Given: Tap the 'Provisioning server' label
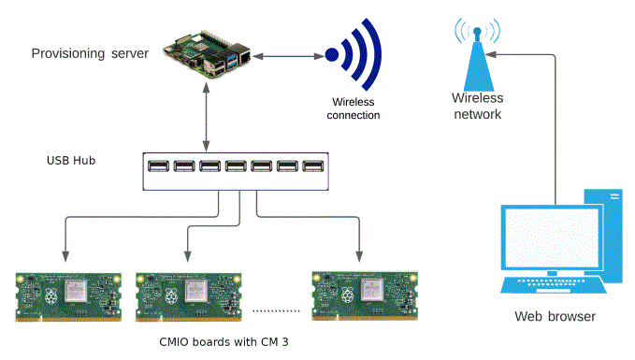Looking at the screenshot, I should click(90, 53).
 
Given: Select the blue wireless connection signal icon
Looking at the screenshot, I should click(353, 55).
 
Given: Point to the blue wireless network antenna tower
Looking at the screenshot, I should click(477, 57).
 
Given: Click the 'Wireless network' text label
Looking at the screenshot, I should click(477, 106).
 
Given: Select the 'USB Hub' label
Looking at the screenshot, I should click(71, 160).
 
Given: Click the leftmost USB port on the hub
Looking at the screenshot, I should click(158, 169).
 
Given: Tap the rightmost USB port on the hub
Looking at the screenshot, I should click(311, 169).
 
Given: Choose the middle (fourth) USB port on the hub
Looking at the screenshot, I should click(235, 169).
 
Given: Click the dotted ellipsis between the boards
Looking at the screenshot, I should click(276, 310).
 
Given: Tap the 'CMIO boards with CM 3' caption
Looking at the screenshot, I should click(224, 342).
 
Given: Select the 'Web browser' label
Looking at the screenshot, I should click(555, 317).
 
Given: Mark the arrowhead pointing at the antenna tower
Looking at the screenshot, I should click(494, 52).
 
